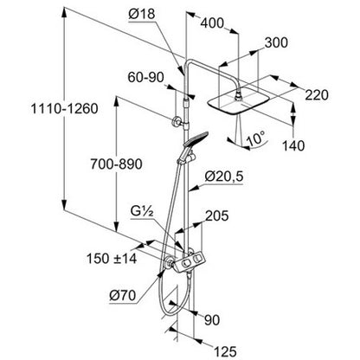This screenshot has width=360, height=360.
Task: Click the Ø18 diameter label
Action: (x=141, y=14)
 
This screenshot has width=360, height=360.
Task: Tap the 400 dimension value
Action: (x=212, y=23)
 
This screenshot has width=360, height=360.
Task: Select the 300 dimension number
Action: (x=276, y=42)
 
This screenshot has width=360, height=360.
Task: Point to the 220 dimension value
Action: (x=317, y=95)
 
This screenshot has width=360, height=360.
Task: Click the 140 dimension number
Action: (x=293, y=145)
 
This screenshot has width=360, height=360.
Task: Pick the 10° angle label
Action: (x=255, y=138)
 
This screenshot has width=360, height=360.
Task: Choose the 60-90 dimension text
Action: (x=145, y=77)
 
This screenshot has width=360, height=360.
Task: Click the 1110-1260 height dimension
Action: (x=65, y=109)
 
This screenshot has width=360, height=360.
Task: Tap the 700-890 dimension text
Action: (x=116, y=164)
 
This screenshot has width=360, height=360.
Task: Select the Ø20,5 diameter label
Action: (x=224, y=177)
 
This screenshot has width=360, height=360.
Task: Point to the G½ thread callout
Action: (x=141, y=212)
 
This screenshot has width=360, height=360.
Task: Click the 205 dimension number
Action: (x=217, y=215)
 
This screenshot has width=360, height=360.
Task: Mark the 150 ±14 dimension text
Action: (x=112, y=259)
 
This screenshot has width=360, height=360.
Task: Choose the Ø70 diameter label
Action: (x=123, y=295)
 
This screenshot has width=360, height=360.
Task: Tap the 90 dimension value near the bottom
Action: (x=212, y=320)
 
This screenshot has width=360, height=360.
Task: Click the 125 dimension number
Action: (x=225, y=351)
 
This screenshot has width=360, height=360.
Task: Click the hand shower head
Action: (x=196, y=139)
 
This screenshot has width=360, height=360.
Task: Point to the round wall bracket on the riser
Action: (x=177, y=122)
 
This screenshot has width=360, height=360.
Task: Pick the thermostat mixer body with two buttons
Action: (x=190, y=262)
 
